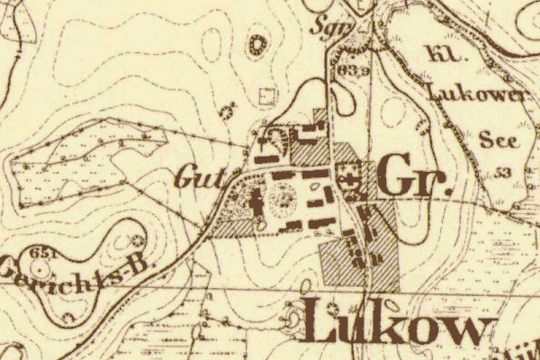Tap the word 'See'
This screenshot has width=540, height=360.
click(498, 140)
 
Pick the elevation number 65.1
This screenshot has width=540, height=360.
click(39, 255)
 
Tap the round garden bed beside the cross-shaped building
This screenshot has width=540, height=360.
click(283, 194)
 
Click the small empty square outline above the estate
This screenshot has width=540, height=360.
click(265, 94)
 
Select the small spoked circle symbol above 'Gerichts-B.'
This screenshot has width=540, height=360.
click(137, 240)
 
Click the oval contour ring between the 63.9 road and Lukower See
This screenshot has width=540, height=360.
click(392, 113)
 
